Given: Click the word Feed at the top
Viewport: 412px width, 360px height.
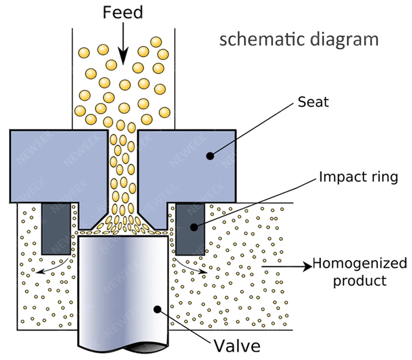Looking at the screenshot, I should click(x=123, y=12).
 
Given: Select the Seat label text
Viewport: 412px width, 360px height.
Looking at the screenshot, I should click(x=313, y=102).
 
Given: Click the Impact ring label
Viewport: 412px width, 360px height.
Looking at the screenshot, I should click(x=358, y=177).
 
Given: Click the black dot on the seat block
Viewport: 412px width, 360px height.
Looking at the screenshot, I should click(x=209, y=156).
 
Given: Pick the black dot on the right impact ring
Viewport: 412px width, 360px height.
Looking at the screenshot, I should click(x=193, y=227).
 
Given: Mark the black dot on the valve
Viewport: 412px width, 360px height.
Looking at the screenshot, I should click(x=157, y=310).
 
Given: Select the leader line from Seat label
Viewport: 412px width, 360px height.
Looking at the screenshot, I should click(x=253, y=129).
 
